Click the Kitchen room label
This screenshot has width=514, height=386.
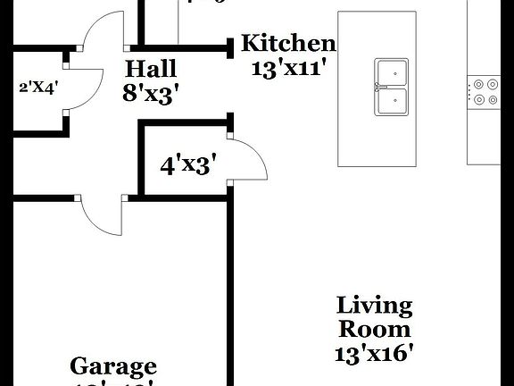pyautogui.click(x=289, y=43)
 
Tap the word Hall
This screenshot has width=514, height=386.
pyautogui.click(x=151, y=68)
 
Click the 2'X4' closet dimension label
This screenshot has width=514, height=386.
pyautogui.click(x=38, y=88)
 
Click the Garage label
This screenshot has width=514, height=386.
pyautogui.click(x=113, y=366)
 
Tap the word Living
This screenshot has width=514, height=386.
pyautogui.click(x=375, y=306)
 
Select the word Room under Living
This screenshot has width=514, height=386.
pyautogui.click(x=375, y=329)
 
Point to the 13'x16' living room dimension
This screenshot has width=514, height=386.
pyautogui.click(x=375, y=353)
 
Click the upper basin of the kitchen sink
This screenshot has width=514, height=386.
pyautogui.click(x=391, y=72)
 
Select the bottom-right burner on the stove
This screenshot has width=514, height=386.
pyautogui.click(x=492, y=100)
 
